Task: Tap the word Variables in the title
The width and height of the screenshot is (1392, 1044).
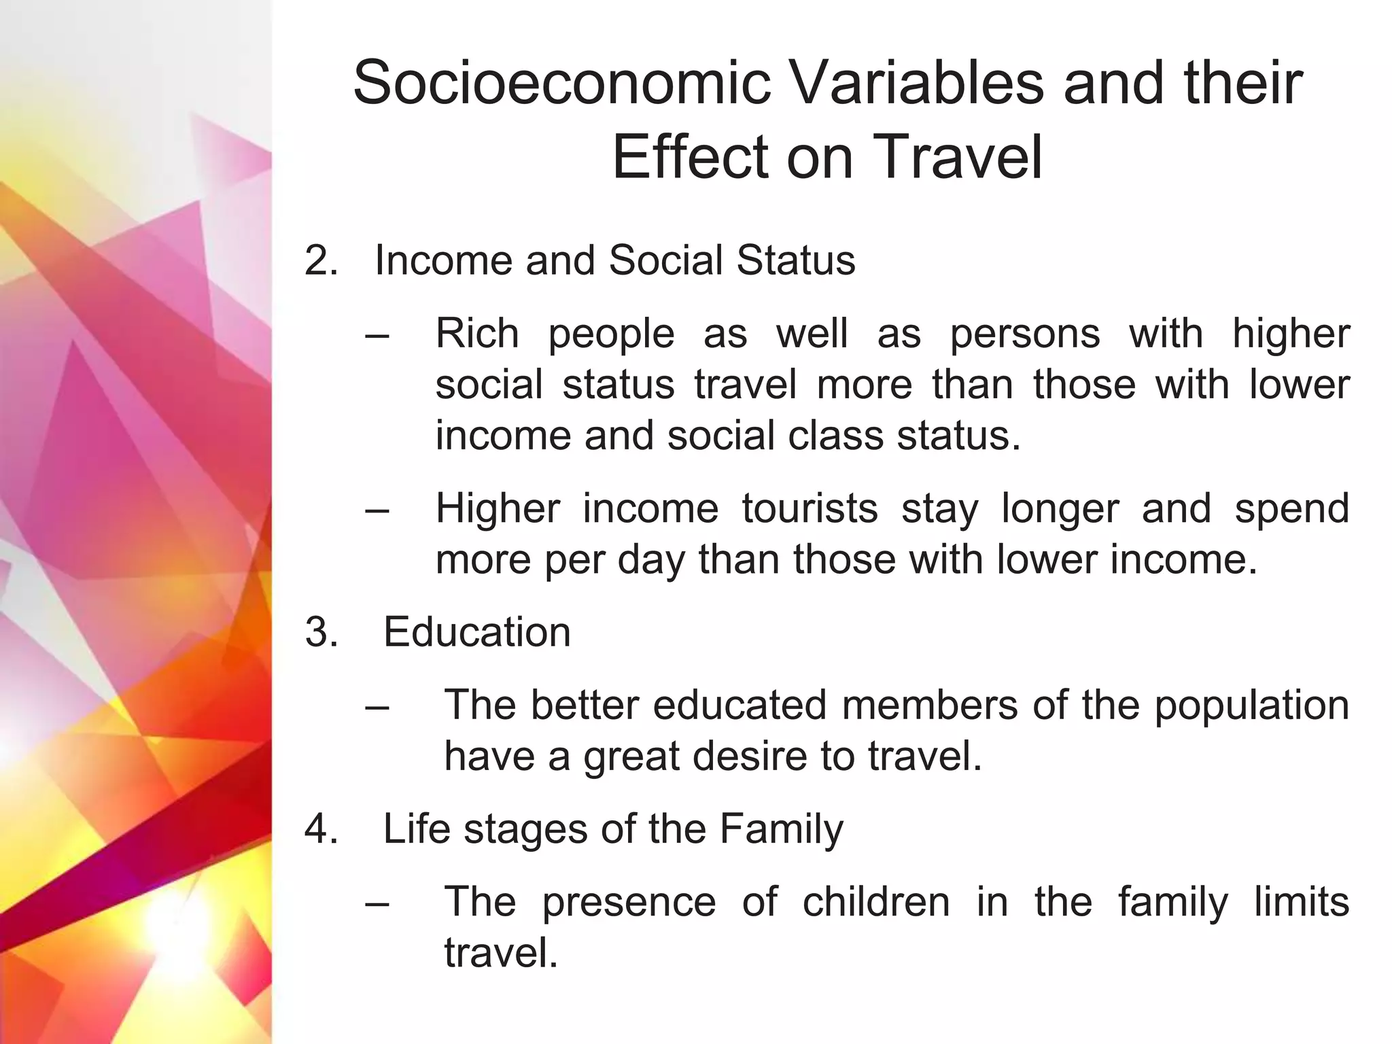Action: click(x=916, y=83)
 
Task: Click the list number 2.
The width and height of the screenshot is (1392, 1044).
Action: click(x=321, y=260)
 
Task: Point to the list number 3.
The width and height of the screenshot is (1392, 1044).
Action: click(x=321, y=632)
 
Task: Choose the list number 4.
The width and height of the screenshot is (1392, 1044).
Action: click(x=321, y=829)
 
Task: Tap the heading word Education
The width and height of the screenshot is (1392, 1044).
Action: click(x=476, y=632)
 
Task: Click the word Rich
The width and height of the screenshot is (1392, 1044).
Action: click(x=477, y=334)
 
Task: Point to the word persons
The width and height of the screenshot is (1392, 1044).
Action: click(x=1025, y=334)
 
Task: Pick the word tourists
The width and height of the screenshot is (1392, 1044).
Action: click(x=810, y=508)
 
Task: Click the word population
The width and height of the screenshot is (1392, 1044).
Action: click(x=1252, y=706)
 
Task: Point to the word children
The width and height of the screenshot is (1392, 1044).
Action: click(x=876, y=902)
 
